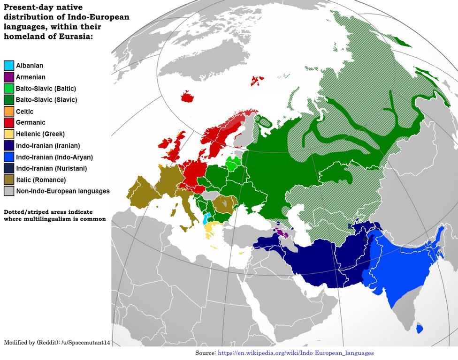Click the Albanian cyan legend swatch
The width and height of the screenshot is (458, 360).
pos(9,66)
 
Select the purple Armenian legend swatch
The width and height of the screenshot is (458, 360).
pos(9,77)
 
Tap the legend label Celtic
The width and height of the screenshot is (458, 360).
pos(24,112)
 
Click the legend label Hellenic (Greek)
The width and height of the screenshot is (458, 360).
pos(40,134)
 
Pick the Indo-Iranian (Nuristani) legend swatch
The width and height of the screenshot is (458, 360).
pos(9,168)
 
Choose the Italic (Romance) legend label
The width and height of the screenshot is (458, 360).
pos(40,180)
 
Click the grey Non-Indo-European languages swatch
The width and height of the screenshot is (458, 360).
pos(9,191)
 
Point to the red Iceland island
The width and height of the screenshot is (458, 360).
pos(188,97)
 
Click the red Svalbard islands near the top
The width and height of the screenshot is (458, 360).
pos(256,81)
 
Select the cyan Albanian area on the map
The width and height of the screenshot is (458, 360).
pos(205,219)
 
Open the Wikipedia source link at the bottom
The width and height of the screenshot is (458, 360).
pos(296,352)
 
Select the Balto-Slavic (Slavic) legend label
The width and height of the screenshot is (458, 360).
pos(46,100)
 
